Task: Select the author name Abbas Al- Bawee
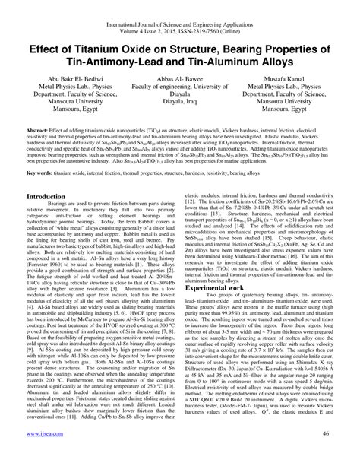180,79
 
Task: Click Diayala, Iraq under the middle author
180,109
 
